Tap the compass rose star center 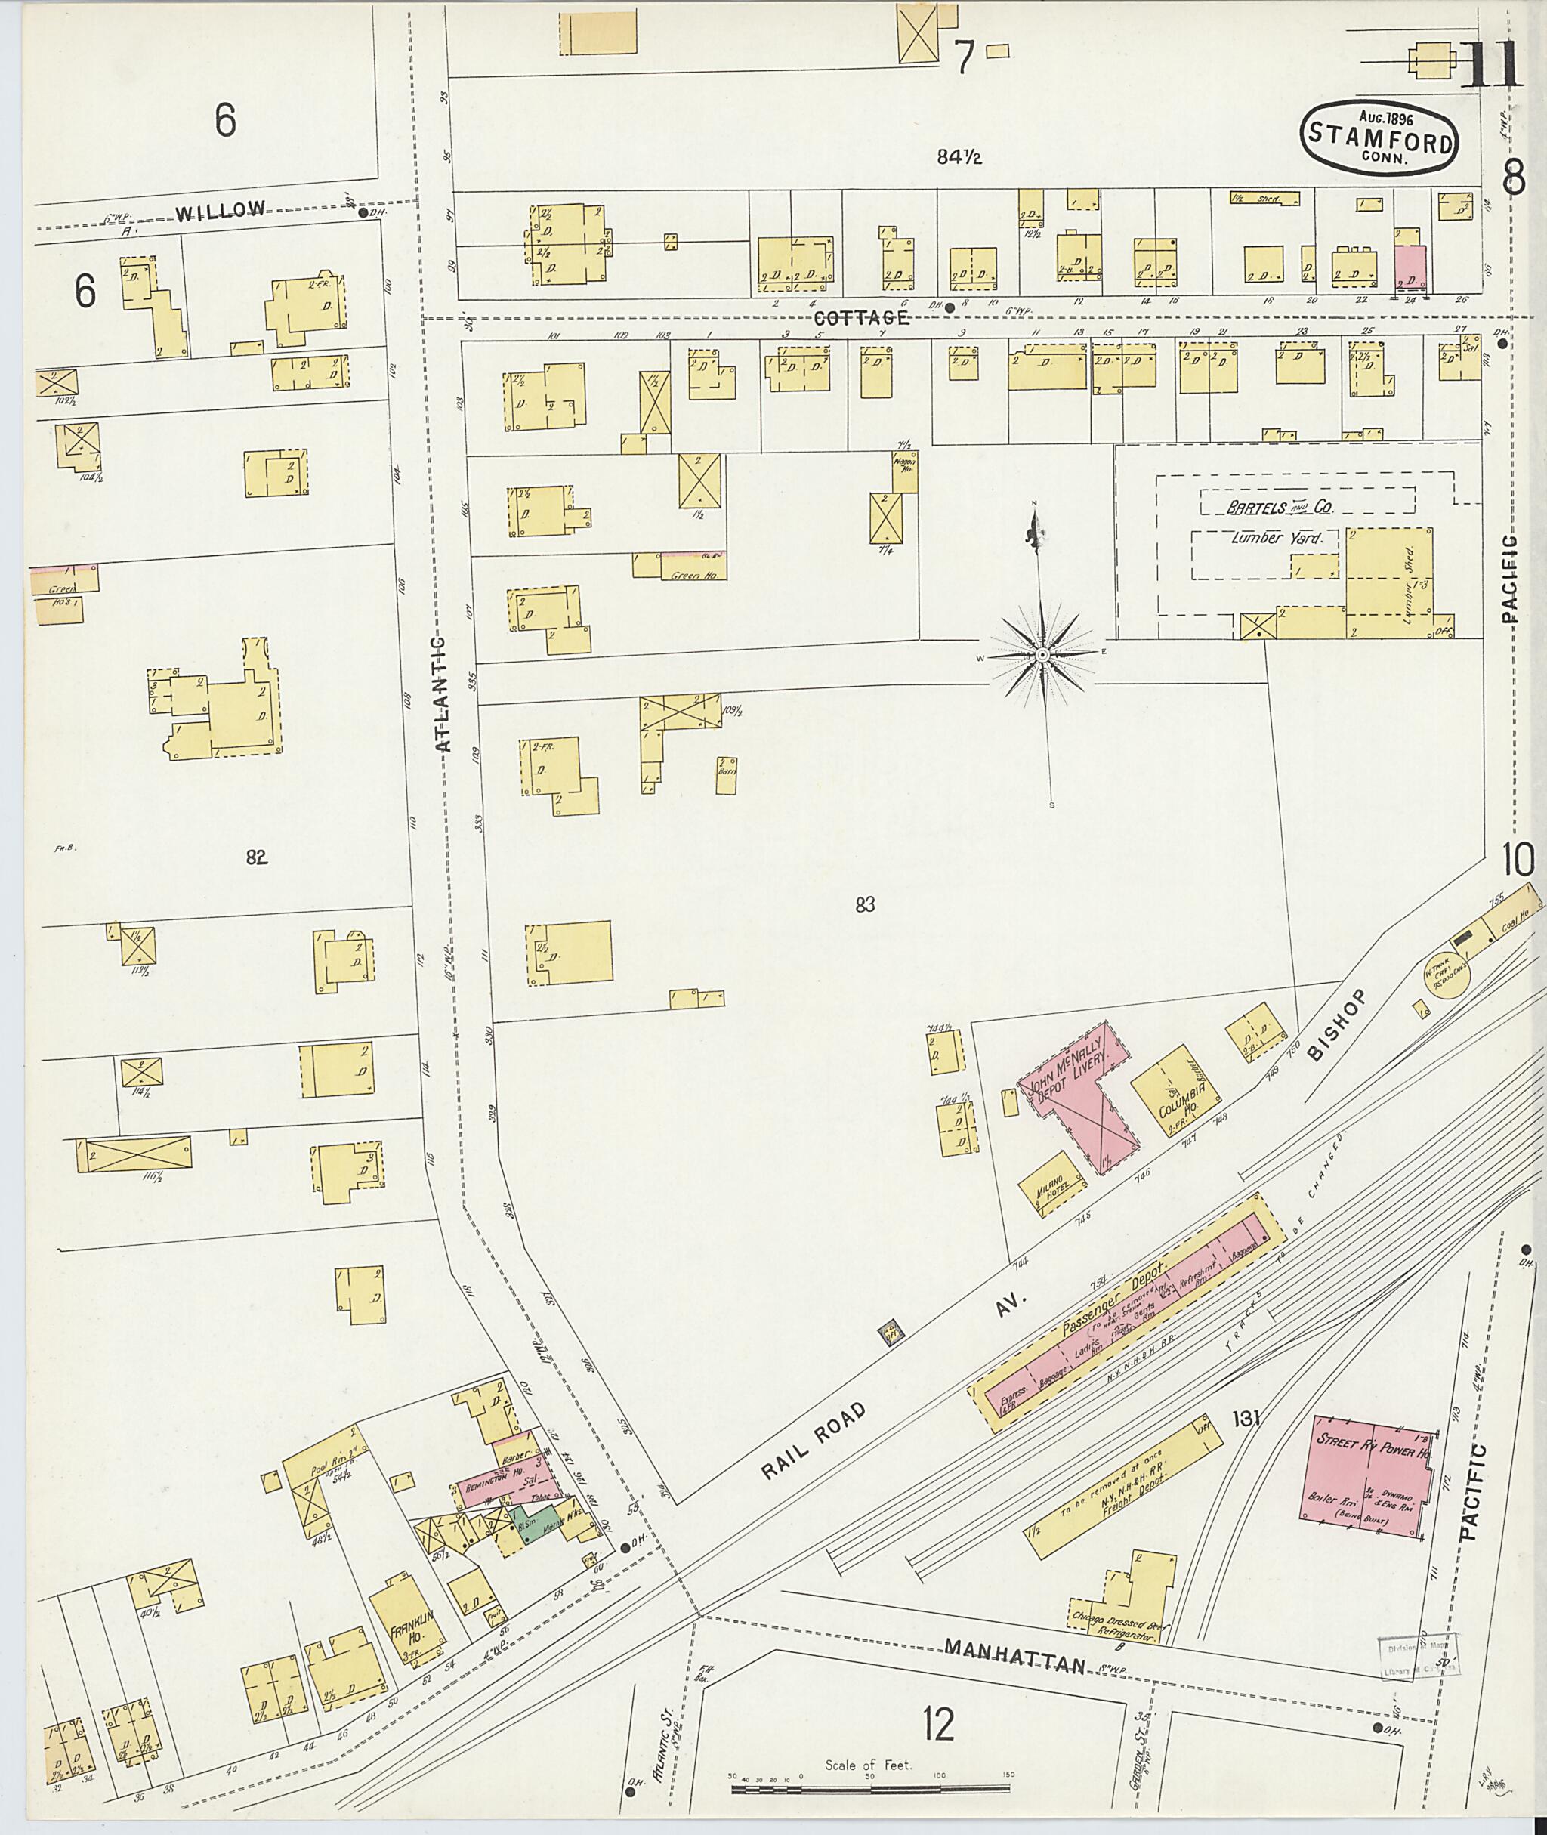coord(1042,655)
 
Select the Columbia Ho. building coord(1175,1092)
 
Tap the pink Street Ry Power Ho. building coord(1368,1478)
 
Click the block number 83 coord(865,904)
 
